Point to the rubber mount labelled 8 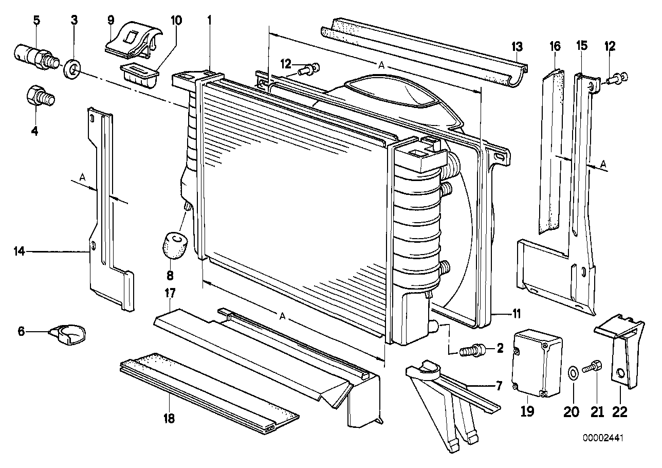[175, 244]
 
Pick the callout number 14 [19, 251]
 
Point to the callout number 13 [517, 47]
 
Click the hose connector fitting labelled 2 [469, 351]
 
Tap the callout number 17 [170, 294]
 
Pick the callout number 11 [516, 313]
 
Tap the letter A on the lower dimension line [282, 316]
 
